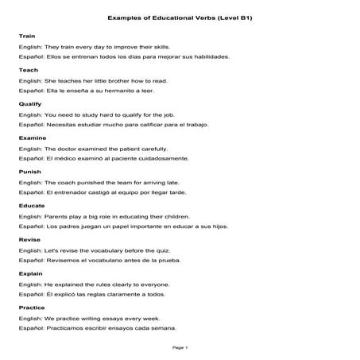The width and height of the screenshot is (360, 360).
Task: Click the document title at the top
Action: point(180,17)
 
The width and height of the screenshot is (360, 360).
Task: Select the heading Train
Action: point(26,37)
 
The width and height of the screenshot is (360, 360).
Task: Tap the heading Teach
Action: point(28,70)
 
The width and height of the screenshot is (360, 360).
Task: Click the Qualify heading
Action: point(29,104)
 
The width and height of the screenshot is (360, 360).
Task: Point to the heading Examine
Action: point(31,137)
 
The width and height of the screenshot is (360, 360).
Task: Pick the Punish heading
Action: point(29,172)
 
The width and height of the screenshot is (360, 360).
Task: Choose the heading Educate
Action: point(31,205)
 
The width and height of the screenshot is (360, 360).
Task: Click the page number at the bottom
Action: point(180,347)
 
